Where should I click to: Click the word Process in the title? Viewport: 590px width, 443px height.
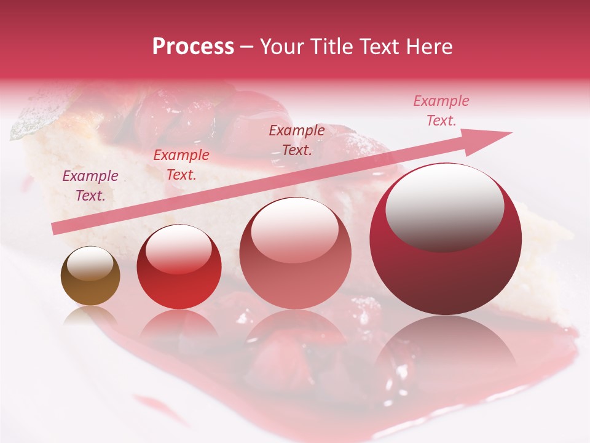tap(193, 47)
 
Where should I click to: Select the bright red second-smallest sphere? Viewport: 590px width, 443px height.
tap(179, 266)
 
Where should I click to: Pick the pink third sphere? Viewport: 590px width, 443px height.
tap(295, 253)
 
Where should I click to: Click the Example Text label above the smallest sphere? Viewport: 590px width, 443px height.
tap(90, 186)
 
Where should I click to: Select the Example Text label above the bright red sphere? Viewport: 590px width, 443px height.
tap(181, 165)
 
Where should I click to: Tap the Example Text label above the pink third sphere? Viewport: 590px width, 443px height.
tap(297, 140)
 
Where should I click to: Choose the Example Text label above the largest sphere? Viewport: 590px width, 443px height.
tap(441, 111)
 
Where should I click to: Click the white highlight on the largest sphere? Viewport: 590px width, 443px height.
tap(444, 206)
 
